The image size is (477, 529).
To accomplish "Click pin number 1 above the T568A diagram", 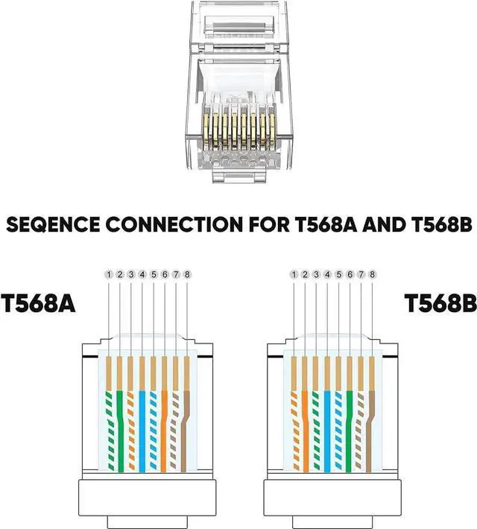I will pos(109,275).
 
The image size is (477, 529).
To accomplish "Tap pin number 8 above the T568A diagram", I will pos(187,275).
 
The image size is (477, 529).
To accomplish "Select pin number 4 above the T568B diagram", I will pos(327,275).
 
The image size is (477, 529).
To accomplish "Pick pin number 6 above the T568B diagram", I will pos(350,275).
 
